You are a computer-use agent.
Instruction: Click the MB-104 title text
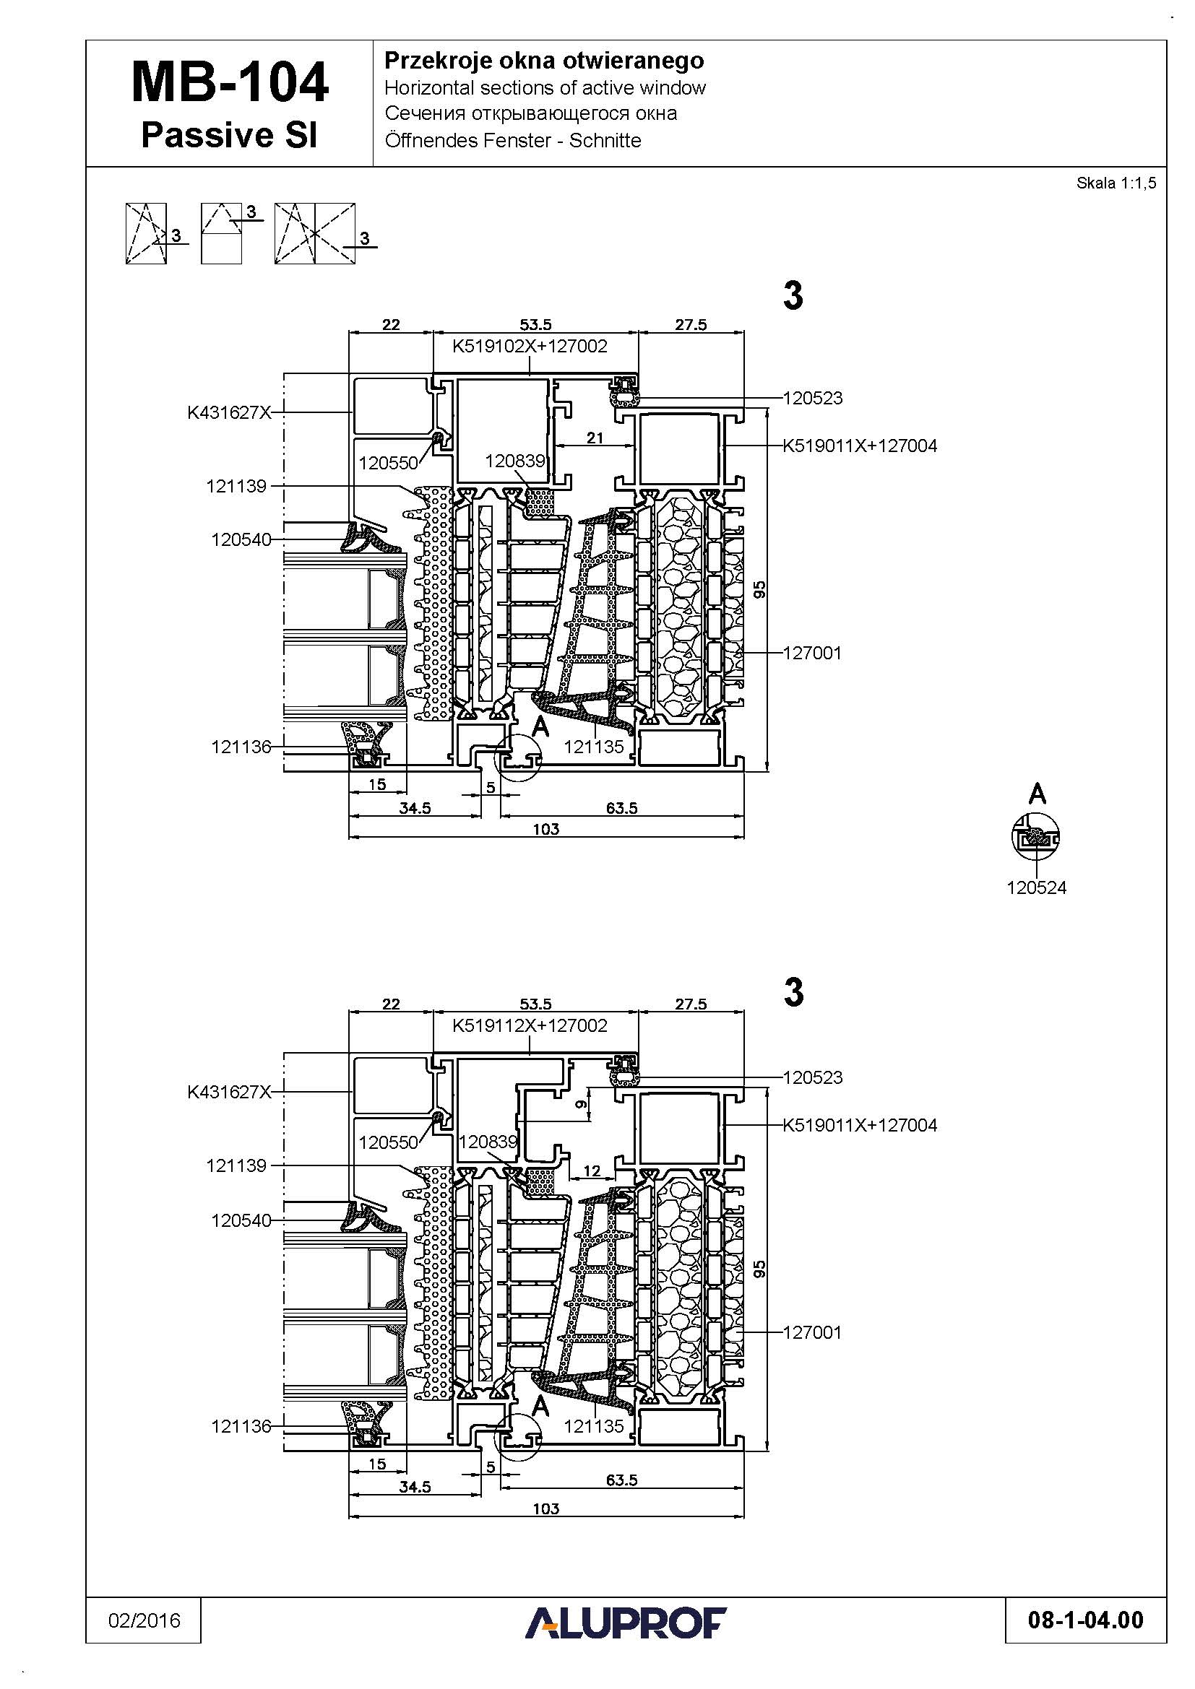[x=230, y=82]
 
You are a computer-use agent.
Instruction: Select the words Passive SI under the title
[x=229, y=135]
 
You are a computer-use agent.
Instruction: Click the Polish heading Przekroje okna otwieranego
[x=544, y=61]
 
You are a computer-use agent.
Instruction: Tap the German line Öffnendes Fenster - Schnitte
[x=513, y=141]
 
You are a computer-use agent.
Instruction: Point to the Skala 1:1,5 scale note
[x=1116, y=183]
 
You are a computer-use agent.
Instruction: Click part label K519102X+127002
[x=530, y=346]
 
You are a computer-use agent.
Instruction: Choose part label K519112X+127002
[x=530, y=1025]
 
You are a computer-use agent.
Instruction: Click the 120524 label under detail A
[x=1036, y=888]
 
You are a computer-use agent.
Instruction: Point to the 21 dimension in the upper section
[x=595, y=438]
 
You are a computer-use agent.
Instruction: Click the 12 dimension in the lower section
[x=592, y=1171]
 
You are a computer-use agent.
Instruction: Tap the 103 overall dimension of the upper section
[x=546, y=830]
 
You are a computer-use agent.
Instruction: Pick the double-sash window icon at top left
[x=315, y=234]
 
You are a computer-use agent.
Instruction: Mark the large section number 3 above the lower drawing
[x=793, y=992]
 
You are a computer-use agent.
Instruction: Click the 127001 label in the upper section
[x=812, y=654]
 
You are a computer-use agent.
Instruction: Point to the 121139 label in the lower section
[x=236, y=1165]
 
